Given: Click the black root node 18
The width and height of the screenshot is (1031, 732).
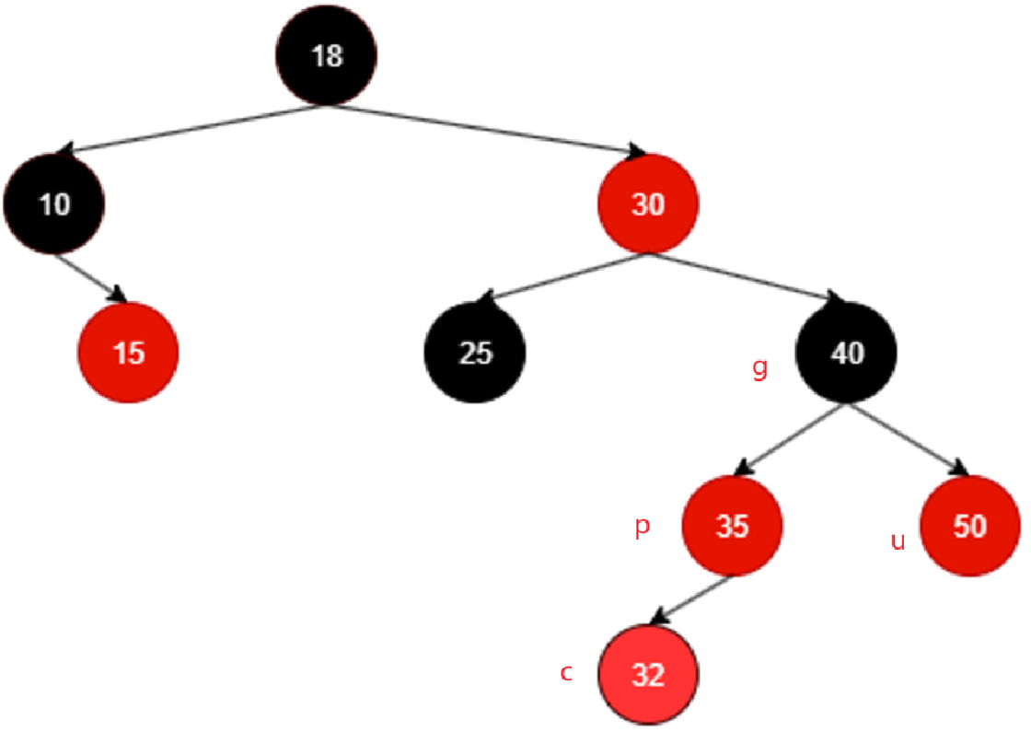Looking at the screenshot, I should tap(327, 55).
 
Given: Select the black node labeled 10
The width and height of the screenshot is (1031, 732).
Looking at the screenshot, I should tap(54, 203).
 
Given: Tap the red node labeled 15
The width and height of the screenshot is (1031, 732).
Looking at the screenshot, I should tap(128, 353).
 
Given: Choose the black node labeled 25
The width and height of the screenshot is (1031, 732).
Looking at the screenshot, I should tap(475, 353).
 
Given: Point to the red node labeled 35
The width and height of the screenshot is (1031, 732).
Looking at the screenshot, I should tap(732, 527).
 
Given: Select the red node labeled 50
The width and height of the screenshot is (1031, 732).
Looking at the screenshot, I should tap(969, 527).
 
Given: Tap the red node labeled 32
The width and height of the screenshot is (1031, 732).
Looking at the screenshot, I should tap(648, 675).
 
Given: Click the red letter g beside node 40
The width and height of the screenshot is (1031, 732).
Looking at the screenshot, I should tap(759, 369).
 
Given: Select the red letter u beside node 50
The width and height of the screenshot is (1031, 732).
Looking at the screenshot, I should tap(898, 541).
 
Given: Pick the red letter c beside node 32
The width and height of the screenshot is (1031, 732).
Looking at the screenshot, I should tap(567, 673).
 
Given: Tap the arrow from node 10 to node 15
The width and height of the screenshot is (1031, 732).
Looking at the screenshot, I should tap(89, 278).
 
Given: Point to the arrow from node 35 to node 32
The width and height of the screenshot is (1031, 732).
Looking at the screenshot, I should tap(690, 599).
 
